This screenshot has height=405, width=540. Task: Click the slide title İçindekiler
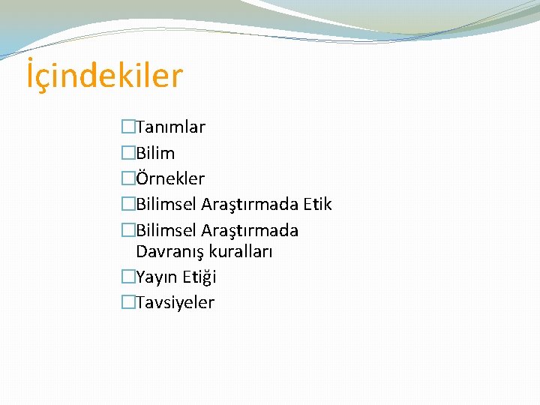tap(104, 76)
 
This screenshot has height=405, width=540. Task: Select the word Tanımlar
tap(170, 127)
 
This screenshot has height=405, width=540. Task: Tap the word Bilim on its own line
tap(155, 153)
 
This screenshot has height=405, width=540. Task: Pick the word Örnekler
tap(170, 178)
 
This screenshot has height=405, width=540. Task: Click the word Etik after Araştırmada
tap(317, 204)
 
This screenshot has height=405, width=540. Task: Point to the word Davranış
tap(170, 251)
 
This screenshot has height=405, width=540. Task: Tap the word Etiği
tap(199, 277)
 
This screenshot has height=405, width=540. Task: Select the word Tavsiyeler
tap(175, 302)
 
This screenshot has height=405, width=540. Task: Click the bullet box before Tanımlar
tap(128, 127)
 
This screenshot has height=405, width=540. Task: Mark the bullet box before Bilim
tap(128, 153)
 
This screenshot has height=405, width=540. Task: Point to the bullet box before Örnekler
tap(128, 178)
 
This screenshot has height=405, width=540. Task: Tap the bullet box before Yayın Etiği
tap(128, 277)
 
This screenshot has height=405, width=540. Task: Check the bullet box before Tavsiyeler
tap(128, 302)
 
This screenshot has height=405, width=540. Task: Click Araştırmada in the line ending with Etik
tap(250, 204)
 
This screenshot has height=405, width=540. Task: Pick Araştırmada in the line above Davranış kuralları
tap(250, 229)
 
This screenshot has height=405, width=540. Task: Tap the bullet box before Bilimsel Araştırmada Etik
tap(128, 204)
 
